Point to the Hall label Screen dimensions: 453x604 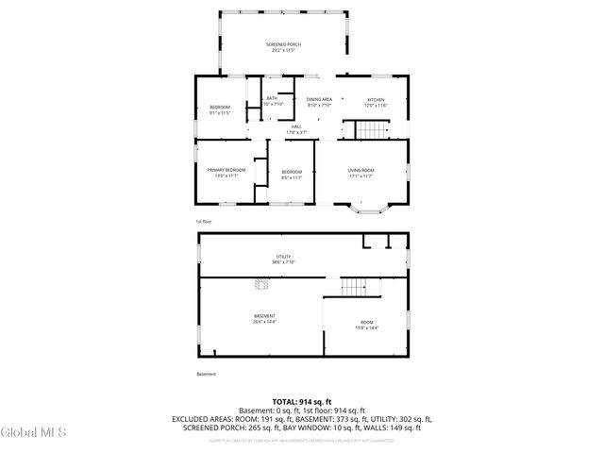[295, 129]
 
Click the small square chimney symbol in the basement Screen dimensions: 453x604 [256, 283]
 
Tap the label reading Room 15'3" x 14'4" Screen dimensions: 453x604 [366, 326]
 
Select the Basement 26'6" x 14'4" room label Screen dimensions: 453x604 [264, 319]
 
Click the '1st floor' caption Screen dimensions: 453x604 [205, 222]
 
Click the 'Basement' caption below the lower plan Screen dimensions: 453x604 [206, 374]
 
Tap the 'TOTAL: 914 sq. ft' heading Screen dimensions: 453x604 [301, 402]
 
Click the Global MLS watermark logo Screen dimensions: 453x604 [34, 432]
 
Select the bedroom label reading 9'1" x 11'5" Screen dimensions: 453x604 [219, 109]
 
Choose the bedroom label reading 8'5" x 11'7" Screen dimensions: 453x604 [291, 173]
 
